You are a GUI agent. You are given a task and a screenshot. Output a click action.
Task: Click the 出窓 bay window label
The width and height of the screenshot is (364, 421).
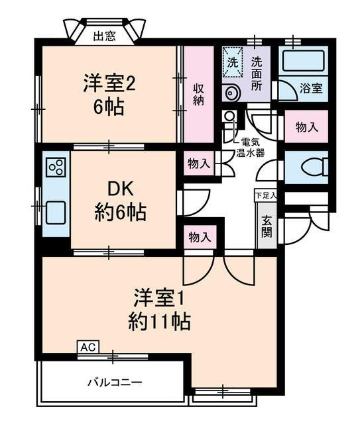point(104,36)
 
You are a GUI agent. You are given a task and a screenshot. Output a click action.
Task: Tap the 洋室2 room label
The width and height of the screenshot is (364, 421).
point(109,84)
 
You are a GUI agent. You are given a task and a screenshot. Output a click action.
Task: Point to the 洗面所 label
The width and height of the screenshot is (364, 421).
point(257,71)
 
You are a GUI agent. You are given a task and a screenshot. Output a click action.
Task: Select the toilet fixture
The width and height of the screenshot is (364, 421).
point(312,168)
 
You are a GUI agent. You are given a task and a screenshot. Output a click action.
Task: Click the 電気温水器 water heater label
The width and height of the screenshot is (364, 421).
point(251,147)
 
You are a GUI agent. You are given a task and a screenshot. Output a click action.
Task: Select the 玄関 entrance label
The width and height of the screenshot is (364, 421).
point(267,226)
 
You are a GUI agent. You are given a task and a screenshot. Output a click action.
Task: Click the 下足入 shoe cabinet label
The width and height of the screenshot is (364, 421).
point(266,195)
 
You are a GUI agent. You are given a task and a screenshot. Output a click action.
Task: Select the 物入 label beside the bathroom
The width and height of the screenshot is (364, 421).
point(306,127)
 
